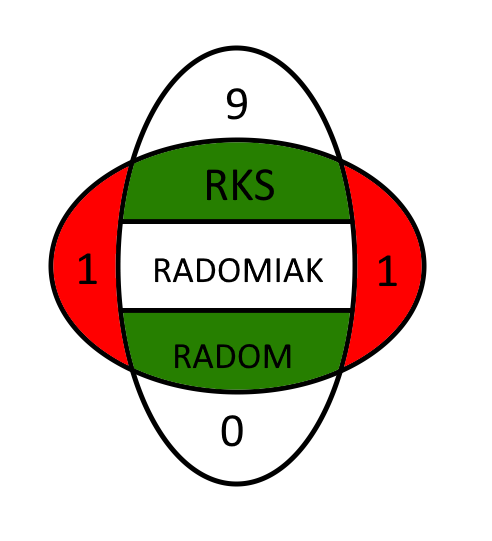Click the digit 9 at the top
point(237,104)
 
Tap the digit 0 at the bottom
point(232,431)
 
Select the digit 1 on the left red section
point(87,269)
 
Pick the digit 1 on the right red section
point(387,270)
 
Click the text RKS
point(240,185)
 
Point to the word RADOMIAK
point(238,270)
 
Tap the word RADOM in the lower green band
point(232,356)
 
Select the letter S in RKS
point(264,185)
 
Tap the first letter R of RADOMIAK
point(163,270)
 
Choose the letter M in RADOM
point(278,356)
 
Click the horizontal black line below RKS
point(236,221)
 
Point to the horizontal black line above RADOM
point(236,311)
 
